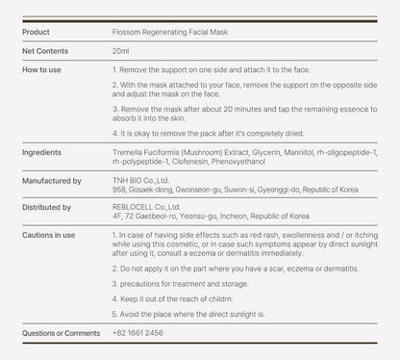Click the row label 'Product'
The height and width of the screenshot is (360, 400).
pyautogui.click(x=37, y=32)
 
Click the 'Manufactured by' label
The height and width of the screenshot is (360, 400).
pyautogui.click(x=51, y=180)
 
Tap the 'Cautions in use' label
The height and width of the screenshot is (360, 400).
pyautogui.click(x=49, y=234)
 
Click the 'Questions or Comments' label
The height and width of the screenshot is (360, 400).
pyautogui.click(x=61, y=332)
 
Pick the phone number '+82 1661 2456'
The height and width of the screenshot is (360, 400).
pyautogui.click(x=137, y=332)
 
